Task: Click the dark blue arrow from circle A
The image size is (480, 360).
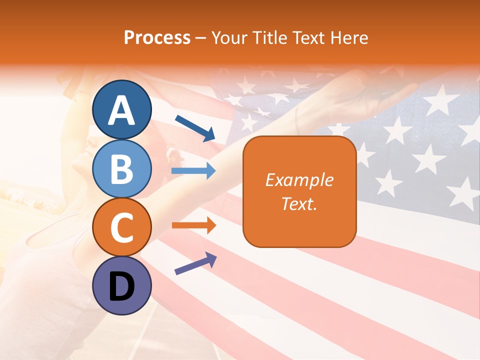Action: (195, 127)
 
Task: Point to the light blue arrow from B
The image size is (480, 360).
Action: (193, 171)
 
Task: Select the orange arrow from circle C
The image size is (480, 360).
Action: (193, 225)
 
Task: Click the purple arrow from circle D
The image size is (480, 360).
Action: (195, 263)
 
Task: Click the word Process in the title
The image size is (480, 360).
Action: (157, 37)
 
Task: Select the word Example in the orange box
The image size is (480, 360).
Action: (299, 180)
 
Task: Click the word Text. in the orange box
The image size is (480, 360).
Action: (299, 203)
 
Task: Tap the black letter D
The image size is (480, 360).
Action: (121, 286)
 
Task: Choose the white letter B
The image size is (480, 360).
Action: (121, 169)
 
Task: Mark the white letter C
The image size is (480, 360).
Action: (121, 228)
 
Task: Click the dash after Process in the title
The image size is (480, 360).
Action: (201, 38)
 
